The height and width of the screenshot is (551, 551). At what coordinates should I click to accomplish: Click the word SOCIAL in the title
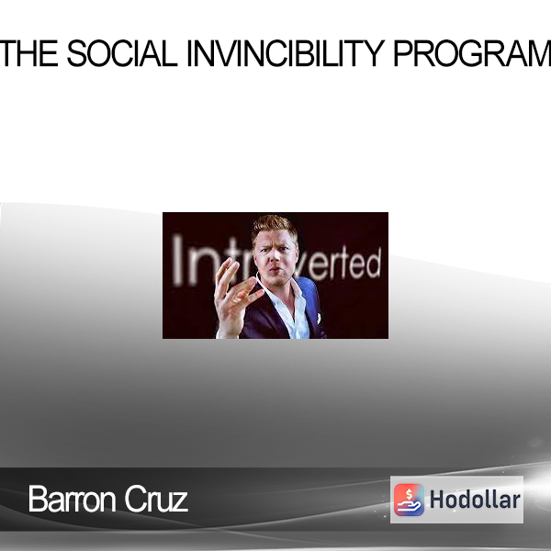pyautogui.click(x=122, y=53)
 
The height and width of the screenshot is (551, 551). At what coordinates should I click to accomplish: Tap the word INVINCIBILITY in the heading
pyautogui.click(x=286, y=53)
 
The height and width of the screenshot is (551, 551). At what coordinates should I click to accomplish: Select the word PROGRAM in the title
pyautogui.click(x=472, y=53)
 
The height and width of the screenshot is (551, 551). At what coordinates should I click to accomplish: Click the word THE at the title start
pyautogui.click(x=28, y=53)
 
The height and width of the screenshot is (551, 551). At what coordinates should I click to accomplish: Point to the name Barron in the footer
pyautogui.click(x=72, y=499)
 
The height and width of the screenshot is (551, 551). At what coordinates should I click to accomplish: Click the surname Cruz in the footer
pyautogui.click(x=156, y=499)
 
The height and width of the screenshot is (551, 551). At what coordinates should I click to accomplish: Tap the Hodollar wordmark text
pyautogui.click(x=475, y=500)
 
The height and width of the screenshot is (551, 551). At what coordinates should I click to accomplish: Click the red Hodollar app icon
pyautogui.click(x=409, y=500)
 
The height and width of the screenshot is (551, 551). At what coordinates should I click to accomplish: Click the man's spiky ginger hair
pyautogui.click(x=274, y=225)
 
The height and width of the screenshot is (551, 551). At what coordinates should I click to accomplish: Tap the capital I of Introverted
pyautogui.click(x=178, y=260)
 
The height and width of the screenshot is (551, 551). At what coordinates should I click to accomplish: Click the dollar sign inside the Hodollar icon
pyautogui.click(x=409, y=494)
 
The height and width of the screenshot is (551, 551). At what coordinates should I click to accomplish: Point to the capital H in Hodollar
pyautogui.click(x=437, y=500)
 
